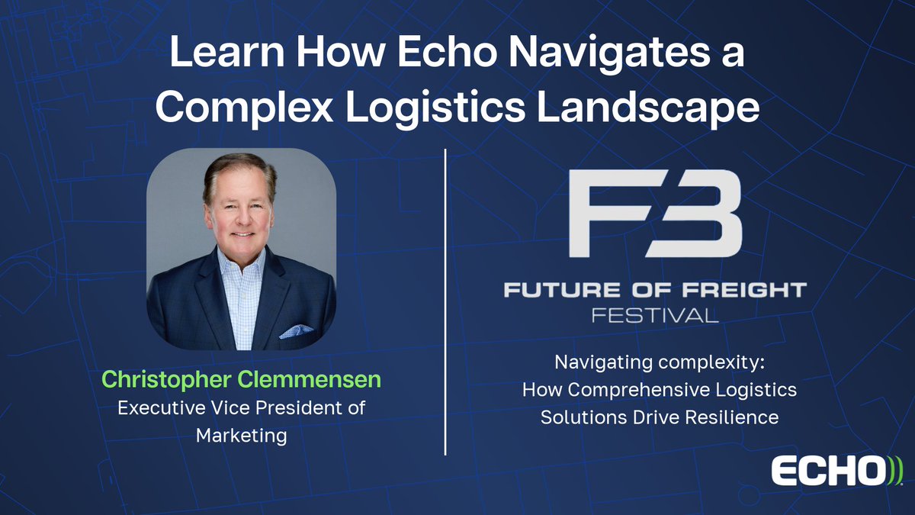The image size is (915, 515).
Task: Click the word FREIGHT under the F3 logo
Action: pos(743,290)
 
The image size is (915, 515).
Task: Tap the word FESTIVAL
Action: pos(656,314)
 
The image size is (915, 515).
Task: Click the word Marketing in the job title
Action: pos(241,436)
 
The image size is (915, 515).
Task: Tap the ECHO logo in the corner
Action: pos(836,471)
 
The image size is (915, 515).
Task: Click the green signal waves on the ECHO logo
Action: pos(894,471)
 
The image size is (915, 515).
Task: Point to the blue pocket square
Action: pos(296,332)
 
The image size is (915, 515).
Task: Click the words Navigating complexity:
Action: pos(659,362)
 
